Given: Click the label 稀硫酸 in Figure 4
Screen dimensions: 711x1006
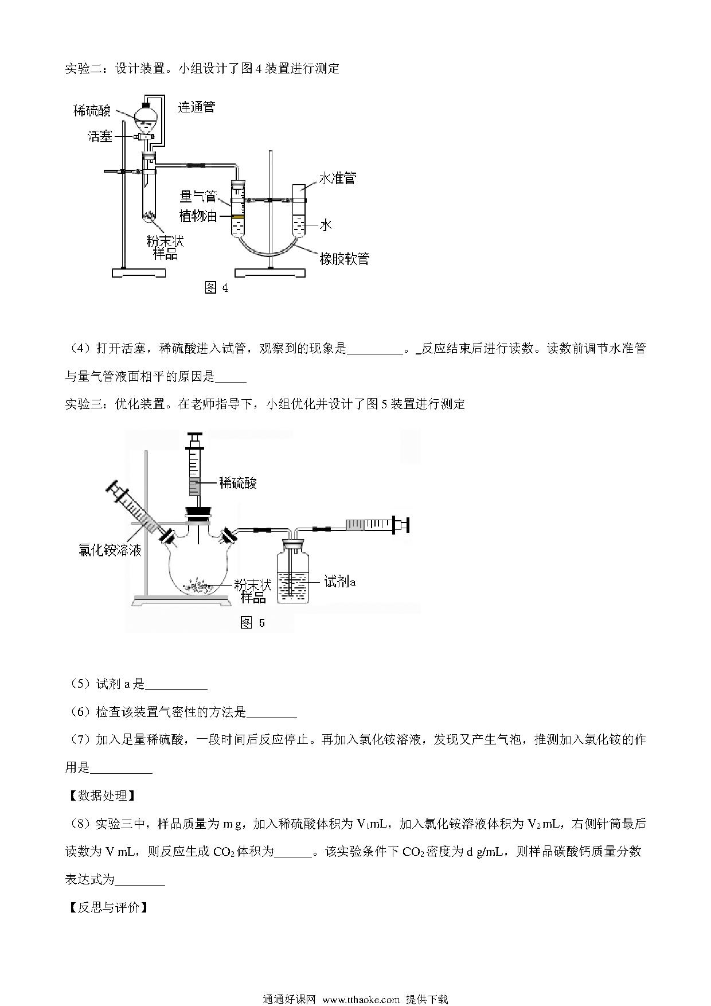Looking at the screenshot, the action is coord(92,111).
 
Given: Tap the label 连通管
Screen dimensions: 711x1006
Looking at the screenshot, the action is coord(196,107).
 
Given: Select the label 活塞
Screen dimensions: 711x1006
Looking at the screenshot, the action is coord(100,137).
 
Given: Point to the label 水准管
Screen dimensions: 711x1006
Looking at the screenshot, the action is coord(337,178).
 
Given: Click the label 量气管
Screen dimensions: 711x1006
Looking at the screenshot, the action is coord(198,197).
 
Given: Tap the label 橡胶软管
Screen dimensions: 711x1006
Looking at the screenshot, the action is coord(344,259).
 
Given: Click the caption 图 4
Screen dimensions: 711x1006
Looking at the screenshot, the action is coord(217,288).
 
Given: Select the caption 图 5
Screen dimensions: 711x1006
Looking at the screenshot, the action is coord(252,623).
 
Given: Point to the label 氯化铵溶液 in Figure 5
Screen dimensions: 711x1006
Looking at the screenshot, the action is coord(110,551).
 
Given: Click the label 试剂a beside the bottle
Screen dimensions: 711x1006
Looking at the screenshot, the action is coord(340,582).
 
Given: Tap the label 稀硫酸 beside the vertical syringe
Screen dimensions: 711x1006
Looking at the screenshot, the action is coord(238,483).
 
